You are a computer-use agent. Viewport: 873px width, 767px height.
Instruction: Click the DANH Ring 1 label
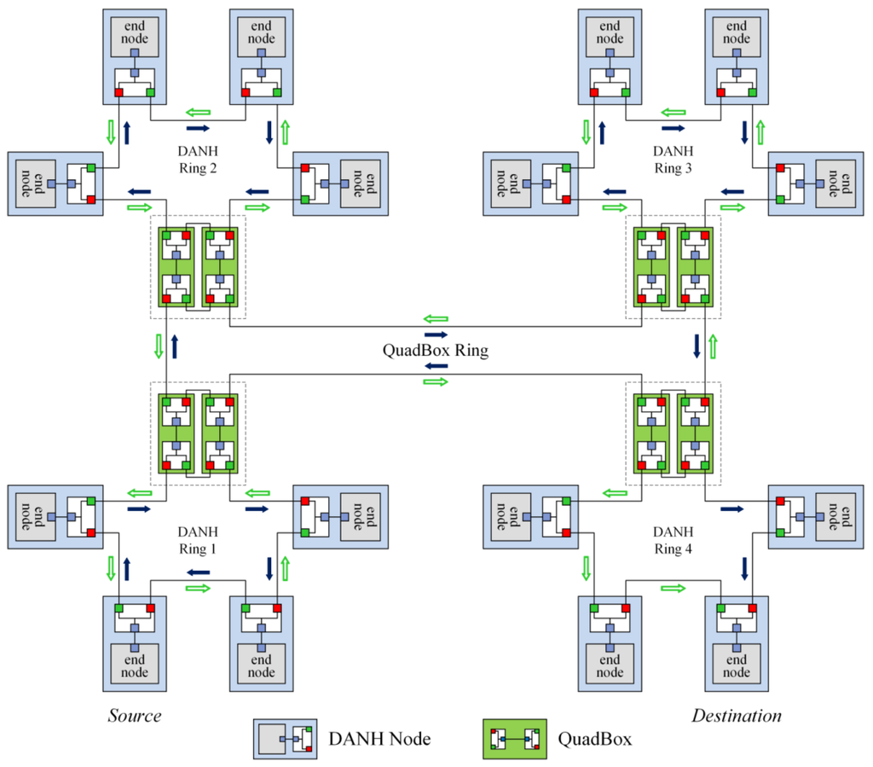coord(198,541)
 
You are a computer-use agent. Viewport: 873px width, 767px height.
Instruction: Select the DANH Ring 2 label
coord(198,160)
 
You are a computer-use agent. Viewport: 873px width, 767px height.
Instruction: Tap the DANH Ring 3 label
coord(674,160)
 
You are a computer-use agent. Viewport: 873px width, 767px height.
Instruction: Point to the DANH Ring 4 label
coord(674,541)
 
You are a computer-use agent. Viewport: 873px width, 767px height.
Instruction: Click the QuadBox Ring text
coord(436,350)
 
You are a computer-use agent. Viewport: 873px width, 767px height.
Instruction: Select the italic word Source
coord(135,715)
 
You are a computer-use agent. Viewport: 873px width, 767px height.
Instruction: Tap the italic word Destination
coord(737,715)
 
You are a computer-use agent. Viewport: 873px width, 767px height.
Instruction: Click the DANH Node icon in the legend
coord(285,738)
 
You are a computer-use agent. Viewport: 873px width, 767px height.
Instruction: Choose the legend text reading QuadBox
coord(595,739)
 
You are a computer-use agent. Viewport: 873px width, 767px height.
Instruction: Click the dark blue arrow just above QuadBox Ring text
coord(436,334)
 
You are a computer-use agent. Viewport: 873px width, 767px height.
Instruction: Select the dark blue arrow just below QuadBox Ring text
coord(436,366)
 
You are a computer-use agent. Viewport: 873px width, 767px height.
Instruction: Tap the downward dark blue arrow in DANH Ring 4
coord(745,567)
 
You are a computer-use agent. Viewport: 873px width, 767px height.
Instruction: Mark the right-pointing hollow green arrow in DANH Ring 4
coord(674,588)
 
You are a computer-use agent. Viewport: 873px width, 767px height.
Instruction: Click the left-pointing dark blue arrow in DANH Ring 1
coord(198,572)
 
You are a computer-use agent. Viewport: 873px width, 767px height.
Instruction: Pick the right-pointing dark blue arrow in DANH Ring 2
coord(198,128)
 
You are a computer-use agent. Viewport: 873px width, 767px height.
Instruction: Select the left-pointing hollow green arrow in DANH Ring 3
coord(674,112)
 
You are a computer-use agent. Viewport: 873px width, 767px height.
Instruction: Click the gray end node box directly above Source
coord(135,665)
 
